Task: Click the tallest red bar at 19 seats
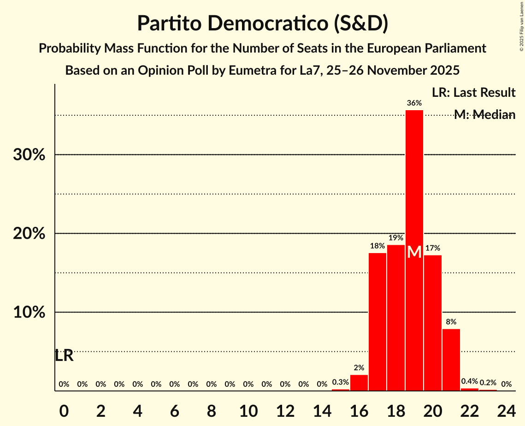(414, 184)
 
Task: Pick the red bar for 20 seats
(433, 323)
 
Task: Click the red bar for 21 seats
(451, 360)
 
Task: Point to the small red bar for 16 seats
(359, 383)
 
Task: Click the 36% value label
(414, 103)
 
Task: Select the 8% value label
(451, 322)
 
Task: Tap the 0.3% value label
(341, 382)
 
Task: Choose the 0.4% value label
(470, 381)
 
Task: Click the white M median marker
(414, 252)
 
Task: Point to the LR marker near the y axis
(64, 355)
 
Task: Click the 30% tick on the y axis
(29, 155)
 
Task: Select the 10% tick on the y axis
(29, 313)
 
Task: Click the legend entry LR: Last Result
(473, 93)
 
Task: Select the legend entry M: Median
(484, 115)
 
